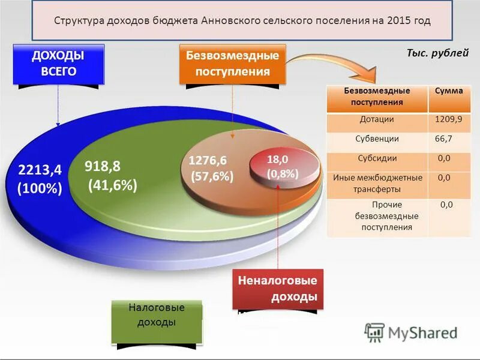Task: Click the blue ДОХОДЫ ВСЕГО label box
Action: point(58,63)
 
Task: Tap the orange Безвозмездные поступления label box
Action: point(232,64)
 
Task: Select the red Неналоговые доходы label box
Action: point(277,289)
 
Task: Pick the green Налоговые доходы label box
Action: point(157,315)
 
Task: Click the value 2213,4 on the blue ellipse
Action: point(40,170)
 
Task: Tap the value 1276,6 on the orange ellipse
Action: point(208,160)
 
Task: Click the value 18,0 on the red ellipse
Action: point(278,160)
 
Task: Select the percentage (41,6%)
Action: point(113,185)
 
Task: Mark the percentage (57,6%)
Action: point(212,177)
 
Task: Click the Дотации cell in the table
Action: point(377,120)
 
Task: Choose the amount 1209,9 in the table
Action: point(449,120)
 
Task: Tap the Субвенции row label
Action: point(377,139)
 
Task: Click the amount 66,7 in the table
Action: point(443,139)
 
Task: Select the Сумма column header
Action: point(449,91)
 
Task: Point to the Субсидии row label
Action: point(377,158)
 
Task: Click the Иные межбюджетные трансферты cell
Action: point(377,183)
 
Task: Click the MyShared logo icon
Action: point(375,332)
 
